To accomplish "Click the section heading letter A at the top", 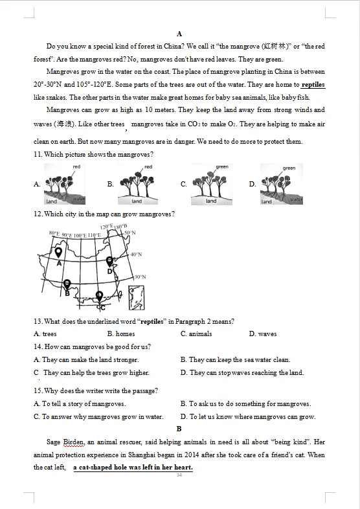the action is (179, 34).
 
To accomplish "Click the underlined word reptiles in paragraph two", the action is (313, 85).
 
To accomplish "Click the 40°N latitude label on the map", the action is (137, 254).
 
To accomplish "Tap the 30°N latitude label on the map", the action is (141, 277).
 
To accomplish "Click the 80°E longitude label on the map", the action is (54, 233).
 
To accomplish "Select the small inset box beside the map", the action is (137, 298).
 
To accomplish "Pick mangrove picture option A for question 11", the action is (65, 184).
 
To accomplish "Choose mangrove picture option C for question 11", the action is (212, 185).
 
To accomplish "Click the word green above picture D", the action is (289, 168).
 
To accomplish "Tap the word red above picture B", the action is (148, 166).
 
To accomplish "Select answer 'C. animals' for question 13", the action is (196, 334).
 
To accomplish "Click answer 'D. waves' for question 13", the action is (263, 334).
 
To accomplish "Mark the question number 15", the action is (38, 390).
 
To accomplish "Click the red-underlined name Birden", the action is (74, 442).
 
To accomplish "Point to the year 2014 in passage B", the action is (192, 455).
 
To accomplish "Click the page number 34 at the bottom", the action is (179, 475).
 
